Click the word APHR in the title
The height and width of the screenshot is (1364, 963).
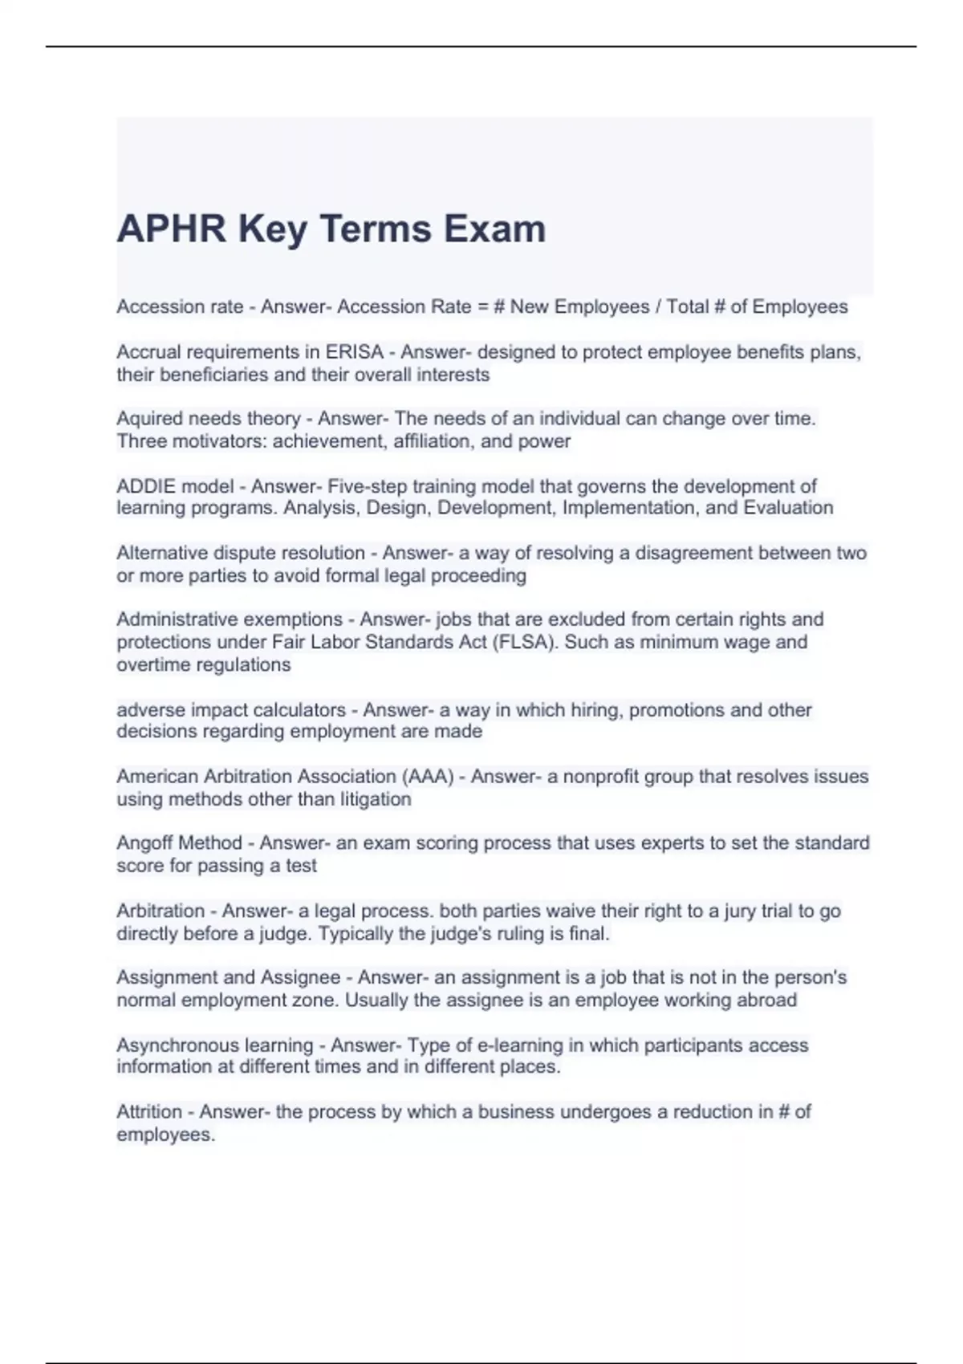click(x=172, y=229)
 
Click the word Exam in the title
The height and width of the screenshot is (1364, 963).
click(x=495, y=229)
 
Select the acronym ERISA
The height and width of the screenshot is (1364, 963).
click(x=354, y=352)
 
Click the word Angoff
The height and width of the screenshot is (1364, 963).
click(x=145, y=843)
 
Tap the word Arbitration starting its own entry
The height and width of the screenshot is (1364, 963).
click(x=160, y=911)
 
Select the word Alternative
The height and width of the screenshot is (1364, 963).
click(x=160, y=553)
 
